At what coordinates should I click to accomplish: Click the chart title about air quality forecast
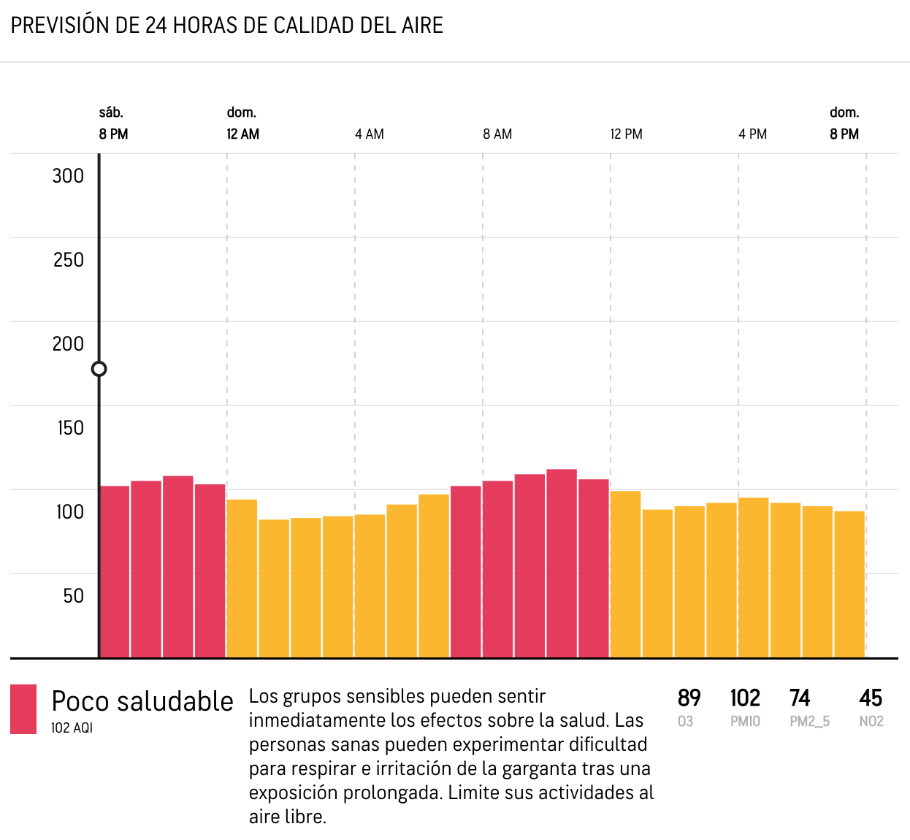(227, 26)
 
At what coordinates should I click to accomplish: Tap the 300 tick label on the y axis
(68, 176)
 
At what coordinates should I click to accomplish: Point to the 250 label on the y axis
(68, 260)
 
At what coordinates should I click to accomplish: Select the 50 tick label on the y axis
(73, 596)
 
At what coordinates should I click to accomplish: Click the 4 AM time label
(370, 134)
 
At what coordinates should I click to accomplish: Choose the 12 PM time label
(627, 134)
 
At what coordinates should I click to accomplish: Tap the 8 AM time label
(497, 134)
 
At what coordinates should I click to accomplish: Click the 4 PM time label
(752, 134)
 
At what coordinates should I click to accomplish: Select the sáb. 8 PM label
(113, 123)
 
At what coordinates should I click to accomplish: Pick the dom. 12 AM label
(243, 123)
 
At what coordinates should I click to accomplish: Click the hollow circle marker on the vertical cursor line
(99, 369)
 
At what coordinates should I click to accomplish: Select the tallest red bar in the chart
(562, 563)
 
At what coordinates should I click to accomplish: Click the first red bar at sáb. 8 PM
(115, 571)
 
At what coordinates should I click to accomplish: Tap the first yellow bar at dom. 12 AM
(242, 579)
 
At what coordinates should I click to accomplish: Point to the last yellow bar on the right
(849, 584)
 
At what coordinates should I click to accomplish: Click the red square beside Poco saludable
(23, 709)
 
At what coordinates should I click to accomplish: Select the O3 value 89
(689, 698)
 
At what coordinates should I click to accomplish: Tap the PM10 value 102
(745, 698)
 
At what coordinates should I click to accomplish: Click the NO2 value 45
(871, 698)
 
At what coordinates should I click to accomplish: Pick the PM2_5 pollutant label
(810, 722)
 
